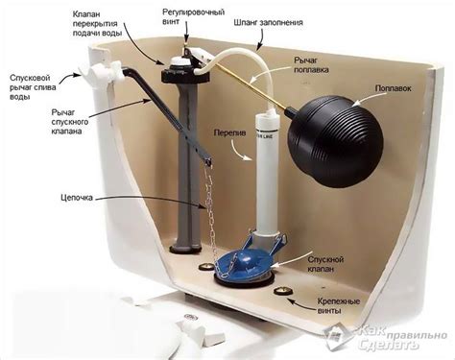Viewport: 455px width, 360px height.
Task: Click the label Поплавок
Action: point(393,88)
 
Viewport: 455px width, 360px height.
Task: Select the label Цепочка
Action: point(77,198)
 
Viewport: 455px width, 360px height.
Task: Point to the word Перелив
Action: point(229,132)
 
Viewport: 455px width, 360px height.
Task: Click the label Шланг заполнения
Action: point(268,23)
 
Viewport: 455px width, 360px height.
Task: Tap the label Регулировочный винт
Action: point(193,17)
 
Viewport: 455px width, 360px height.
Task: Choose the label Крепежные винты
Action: point(339,306)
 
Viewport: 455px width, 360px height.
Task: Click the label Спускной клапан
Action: point(325,264)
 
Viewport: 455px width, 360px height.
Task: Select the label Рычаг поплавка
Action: point(311,65)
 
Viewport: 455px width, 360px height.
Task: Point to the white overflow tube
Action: point(267,173)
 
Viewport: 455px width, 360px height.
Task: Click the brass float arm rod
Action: point(251,84)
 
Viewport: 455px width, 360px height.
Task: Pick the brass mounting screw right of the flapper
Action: point(284,291)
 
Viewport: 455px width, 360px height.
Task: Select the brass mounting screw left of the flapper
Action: point(204,266)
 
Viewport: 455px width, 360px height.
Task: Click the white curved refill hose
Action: point(243,74)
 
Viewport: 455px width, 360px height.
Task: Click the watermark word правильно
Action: point(418,335)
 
